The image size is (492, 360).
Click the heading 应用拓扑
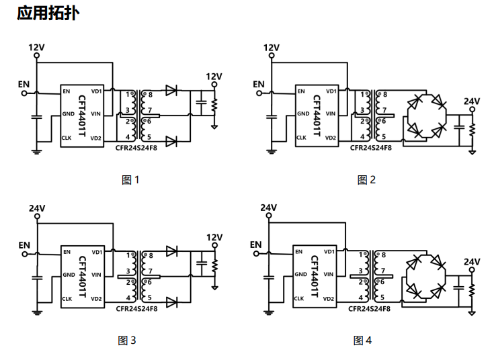(48, 13)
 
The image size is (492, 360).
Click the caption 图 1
(130, 180)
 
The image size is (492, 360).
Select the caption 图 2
(366, 180)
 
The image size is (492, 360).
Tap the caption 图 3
(127, 341)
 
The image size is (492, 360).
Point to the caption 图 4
(362, 341)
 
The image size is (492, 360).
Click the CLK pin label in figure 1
(67, 138)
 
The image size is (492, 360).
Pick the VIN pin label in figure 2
(331, 114)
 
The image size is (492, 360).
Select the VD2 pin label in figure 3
(96, 299)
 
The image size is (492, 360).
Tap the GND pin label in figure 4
(300, 275)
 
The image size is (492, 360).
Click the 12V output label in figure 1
(214, 77)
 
